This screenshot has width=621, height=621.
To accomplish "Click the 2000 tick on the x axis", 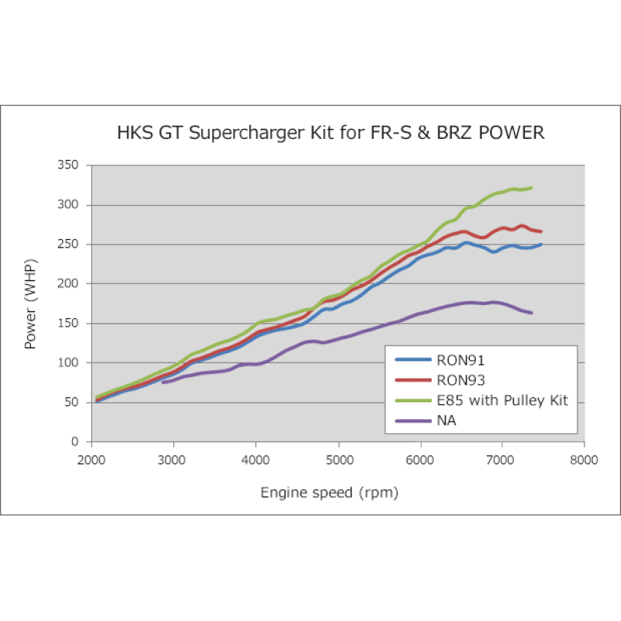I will tap(91, 459).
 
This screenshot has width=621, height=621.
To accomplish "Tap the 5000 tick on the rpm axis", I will tap(338, 459).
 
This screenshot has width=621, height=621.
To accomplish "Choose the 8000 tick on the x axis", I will tap(584, 459).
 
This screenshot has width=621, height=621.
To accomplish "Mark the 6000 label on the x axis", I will tap(420, 459).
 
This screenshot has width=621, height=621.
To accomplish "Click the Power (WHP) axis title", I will tap(31, 304).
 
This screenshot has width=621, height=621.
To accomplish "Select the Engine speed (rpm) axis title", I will tap(333, 493).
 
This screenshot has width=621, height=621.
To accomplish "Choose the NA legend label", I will tap(446, 421).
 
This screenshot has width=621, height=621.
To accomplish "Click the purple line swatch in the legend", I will tap(414, 421).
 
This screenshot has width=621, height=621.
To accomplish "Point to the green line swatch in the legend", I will tap(414, 401).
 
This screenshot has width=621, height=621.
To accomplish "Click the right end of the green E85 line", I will tap(532, 187).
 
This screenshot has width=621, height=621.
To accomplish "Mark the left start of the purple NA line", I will tap(163, 382).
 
